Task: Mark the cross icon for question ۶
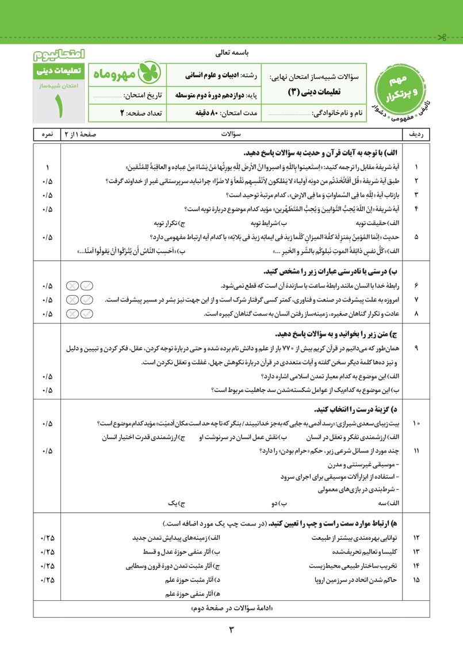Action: click(72, 285)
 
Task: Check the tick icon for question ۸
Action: click(87, 314)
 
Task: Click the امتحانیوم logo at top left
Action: click(59, 55)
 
